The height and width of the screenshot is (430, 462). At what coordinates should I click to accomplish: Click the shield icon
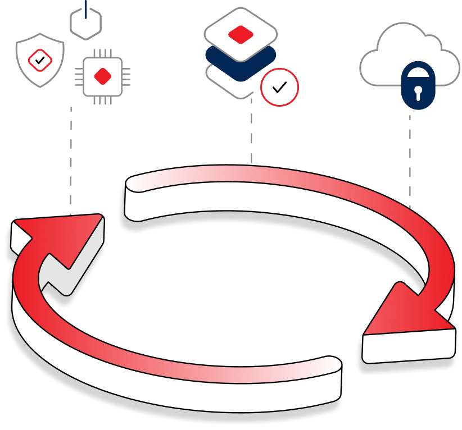coord(39,59)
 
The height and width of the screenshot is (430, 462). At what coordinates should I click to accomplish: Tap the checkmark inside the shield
coord(39,58)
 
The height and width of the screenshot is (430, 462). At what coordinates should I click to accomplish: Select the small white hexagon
coord(86,24)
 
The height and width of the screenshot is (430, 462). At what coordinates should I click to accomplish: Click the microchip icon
coord(102,76)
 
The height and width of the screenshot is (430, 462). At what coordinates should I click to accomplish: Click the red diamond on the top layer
coord(240,34)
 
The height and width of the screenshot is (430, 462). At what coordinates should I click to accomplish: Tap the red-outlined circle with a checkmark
coord(279,87)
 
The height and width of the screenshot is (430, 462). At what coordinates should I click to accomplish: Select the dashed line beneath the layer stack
coord(251,132)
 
